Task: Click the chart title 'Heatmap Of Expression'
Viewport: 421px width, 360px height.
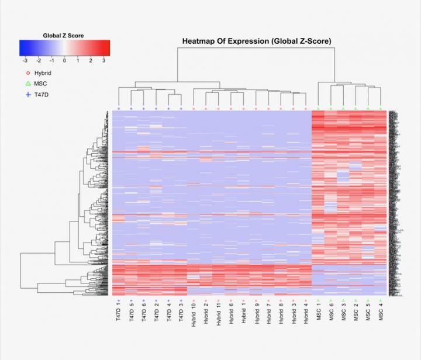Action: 257,41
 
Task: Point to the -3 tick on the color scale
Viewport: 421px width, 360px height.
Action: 25,60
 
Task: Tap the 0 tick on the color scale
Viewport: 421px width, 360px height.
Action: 64,60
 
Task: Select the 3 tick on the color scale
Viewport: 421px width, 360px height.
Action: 104,60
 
